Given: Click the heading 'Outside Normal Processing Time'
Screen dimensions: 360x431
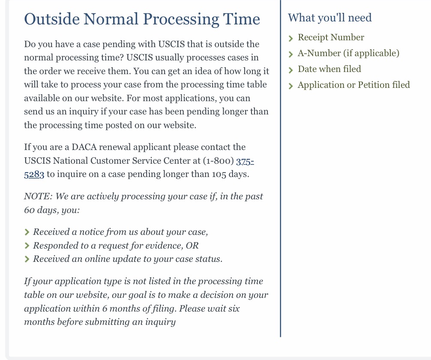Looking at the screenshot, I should point(142,19).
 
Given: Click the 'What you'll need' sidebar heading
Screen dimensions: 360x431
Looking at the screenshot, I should point(329,18).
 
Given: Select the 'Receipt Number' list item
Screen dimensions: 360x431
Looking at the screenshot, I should point(331,38).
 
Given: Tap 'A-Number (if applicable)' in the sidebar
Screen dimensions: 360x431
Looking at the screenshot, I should point(348,54).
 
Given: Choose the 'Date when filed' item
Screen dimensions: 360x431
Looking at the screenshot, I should point(329,69).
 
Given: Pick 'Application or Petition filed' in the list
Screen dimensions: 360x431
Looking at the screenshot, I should point(353,85).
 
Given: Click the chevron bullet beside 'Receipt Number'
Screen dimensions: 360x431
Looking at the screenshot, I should point(291,39).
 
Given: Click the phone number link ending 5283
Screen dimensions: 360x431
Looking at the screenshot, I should point(34,175).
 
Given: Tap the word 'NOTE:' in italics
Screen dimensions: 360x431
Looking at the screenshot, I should point(38,197).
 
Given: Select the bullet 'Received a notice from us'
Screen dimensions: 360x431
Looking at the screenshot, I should point(120,232).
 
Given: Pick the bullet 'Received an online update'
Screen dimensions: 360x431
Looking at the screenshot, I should point(128,260).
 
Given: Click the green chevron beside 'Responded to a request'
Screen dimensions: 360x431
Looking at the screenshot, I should point(27,246).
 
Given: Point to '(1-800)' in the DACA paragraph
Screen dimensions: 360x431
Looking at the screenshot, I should point(218,161).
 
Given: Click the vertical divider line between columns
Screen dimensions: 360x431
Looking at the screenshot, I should point(281,171).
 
